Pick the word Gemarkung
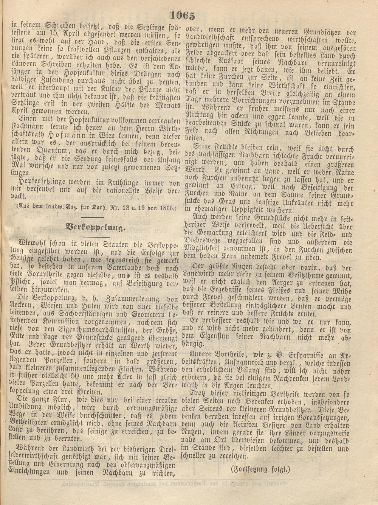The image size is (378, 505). (x=219, y=234)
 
